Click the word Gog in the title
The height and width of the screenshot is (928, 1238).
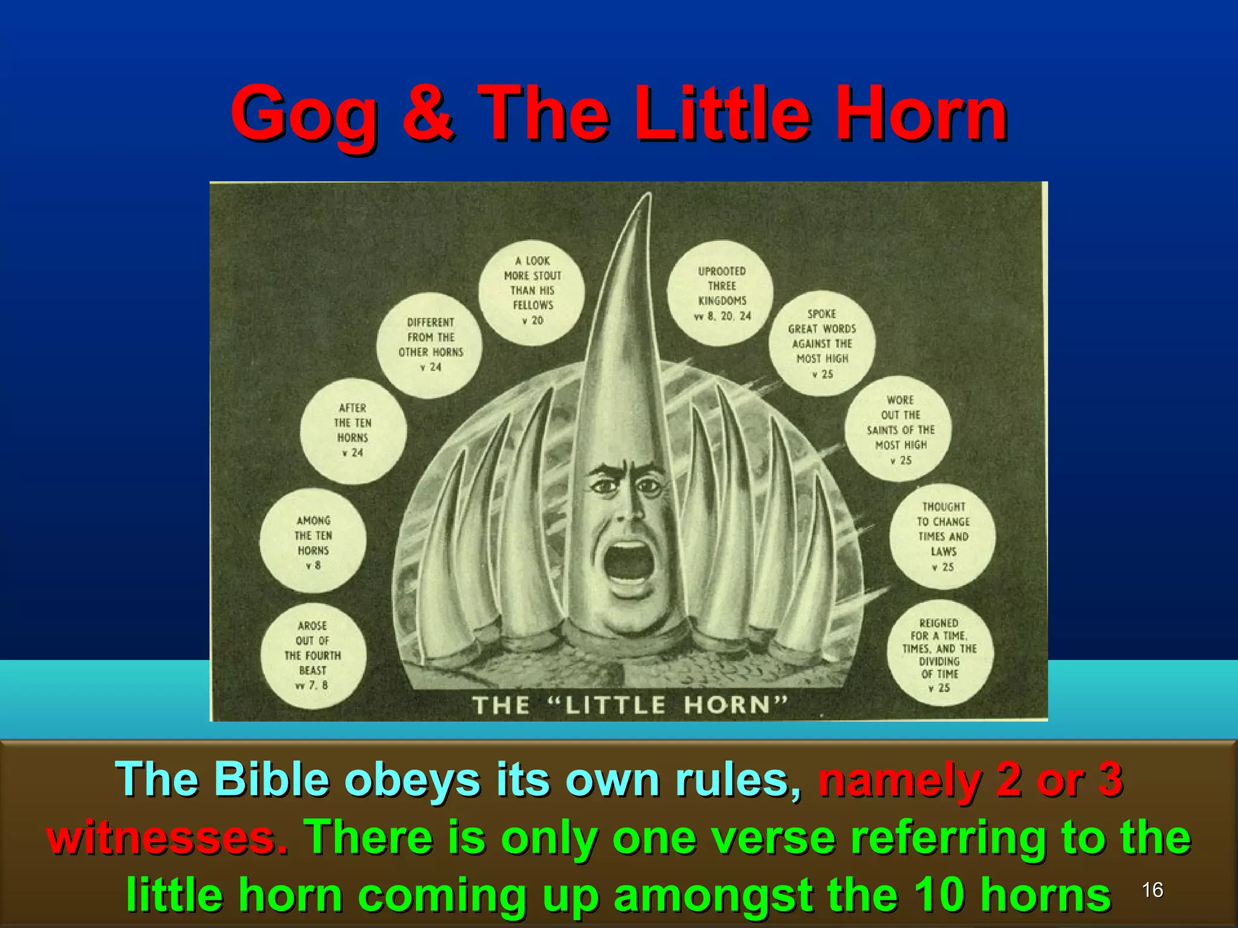click(303, 115)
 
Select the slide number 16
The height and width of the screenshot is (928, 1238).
click(1152, 889)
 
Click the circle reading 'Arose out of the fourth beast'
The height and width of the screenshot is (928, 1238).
click(313, 656)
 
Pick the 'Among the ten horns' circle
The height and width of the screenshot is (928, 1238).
click(313, 542)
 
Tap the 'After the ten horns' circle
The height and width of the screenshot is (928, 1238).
click(353, 430)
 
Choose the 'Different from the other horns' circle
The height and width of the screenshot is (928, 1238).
click(430, 344)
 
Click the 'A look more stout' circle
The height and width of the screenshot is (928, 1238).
click(532, 291)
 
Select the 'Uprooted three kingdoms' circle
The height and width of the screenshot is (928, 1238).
click(721, 293)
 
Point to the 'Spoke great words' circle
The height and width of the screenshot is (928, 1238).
click(822, 343)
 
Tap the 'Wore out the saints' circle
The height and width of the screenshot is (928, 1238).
click(899, 430)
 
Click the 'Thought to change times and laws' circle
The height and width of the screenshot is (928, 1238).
click(942, 536)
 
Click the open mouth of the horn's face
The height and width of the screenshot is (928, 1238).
click(629, 562)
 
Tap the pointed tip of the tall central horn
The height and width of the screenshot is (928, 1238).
click(648, 197)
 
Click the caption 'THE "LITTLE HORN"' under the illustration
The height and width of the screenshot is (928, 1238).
click(629, 704)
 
